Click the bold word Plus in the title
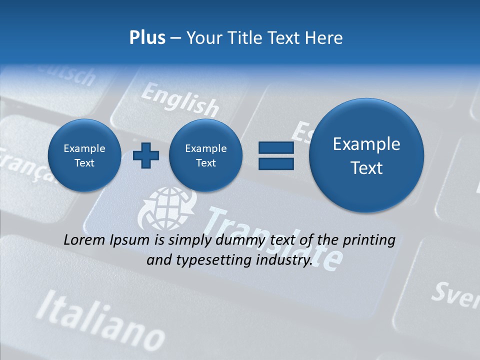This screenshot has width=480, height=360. point(147,38)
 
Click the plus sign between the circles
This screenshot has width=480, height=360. point(145,155)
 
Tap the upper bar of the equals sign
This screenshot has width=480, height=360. point(276,147)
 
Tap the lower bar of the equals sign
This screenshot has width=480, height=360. point(276,163)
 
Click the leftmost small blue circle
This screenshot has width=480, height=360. point(84,155)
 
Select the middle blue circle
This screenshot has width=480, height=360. point(205,155)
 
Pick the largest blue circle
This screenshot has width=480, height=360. point(366,155)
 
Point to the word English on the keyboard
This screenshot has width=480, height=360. point(180,100)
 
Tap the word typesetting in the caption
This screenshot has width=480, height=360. point(212,260)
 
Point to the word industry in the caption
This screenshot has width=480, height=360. point(284,260)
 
